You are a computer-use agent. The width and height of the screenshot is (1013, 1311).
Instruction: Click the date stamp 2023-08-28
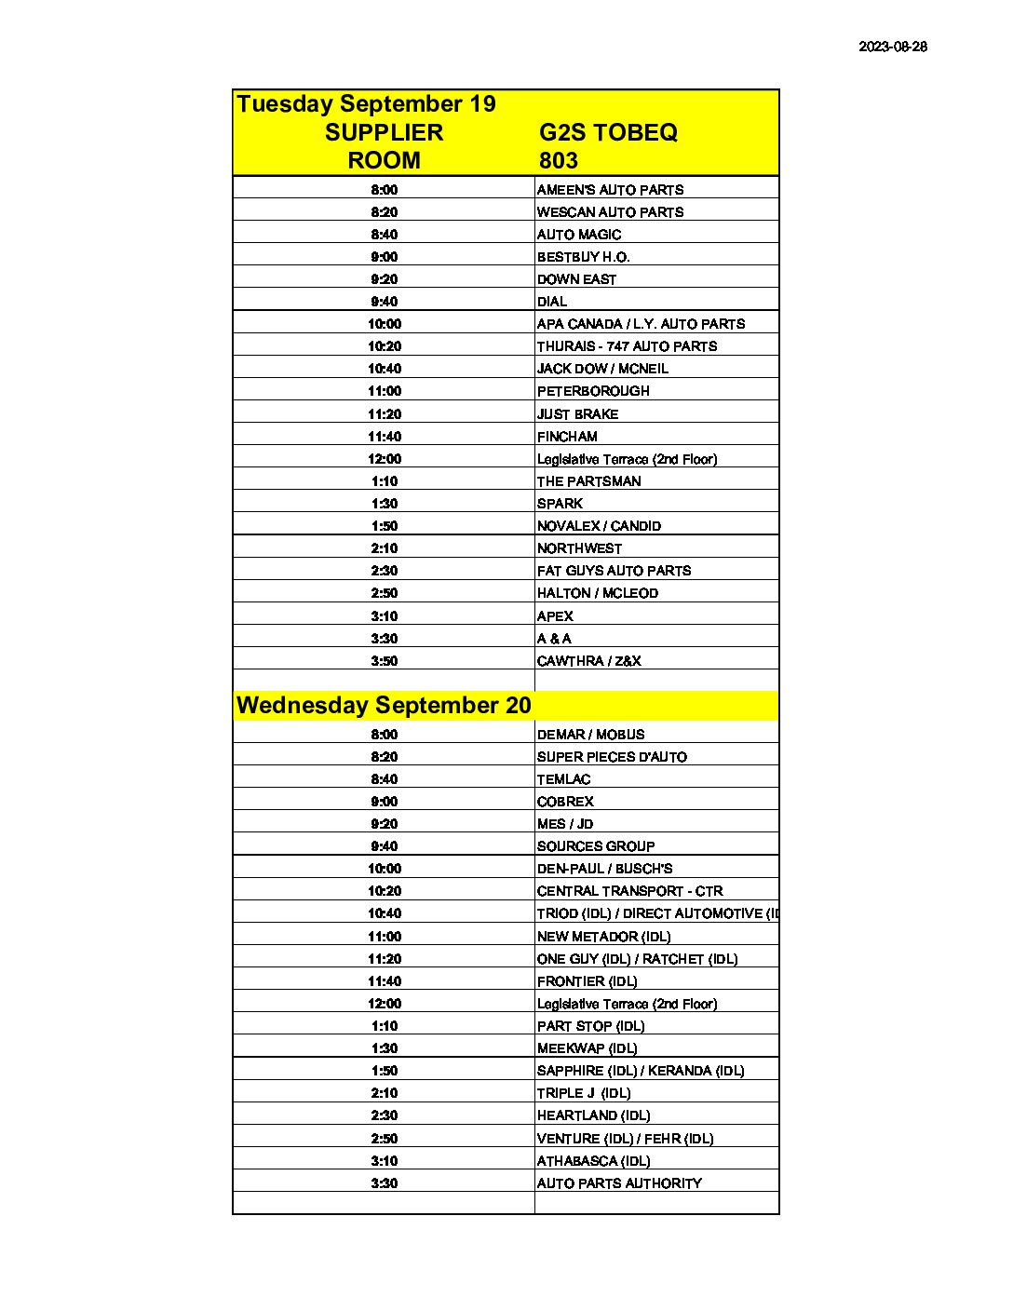pyautogui.click(x=892, y=47)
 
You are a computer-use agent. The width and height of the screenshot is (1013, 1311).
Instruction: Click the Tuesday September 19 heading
pyautogui.click(x=366, y=103)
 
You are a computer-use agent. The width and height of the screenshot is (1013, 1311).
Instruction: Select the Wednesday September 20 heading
pyautogui.click(x=384, y=705)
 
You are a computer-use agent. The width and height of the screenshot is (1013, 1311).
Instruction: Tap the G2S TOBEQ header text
pyautogui.click(x=608, y=132)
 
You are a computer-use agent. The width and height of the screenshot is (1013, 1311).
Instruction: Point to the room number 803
pyautogui.click(x=558, y=160)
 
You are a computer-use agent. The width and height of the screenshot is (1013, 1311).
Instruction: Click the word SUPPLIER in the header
pyautogui.click(x=384, y=132)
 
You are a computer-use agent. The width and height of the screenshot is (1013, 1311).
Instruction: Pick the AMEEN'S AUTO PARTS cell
pyautogui.click(x=610, y=190)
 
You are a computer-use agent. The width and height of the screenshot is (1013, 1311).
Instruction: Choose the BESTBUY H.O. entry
pyautogui.click(x=583, y=257)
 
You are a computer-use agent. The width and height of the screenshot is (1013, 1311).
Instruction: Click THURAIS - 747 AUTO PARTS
pyautogui.click(x=627, y=346)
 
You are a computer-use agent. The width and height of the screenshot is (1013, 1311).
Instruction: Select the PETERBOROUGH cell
pyautogui.click(x=593, y=391)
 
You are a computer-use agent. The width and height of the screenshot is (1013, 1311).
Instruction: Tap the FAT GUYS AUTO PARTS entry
pyautogui.click(x=614, y=571)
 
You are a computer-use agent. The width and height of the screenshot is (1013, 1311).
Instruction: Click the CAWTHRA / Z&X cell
pyautogui.click(x=588, y=661)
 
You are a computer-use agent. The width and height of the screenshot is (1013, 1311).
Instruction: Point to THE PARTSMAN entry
pyautogui.click(x=588, y=481)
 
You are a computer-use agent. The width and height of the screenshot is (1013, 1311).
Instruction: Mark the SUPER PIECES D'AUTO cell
pyautogui.click(x=612, y=757)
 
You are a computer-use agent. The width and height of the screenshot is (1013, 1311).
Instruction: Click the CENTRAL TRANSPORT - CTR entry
pyautogui.click(x=629, y=891)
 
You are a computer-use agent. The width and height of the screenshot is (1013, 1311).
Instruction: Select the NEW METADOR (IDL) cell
pyautogui.click(x=603, y=937)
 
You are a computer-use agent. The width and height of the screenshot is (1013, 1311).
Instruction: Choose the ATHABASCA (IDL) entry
pyautogui.click(x=593, y=1161)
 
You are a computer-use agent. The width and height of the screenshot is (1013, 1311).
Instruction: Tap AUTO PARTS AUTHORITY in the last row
pyautogui.click(x=619, y=1183)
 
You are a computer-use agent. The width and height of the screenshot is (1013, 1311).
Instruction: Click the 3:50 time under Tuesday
pyautogui.click(x=384, y=661)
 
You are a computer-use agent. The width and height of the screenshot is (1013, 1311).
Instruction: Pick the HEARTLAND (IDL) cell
pyautogui.click(x=593, y=1115)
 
